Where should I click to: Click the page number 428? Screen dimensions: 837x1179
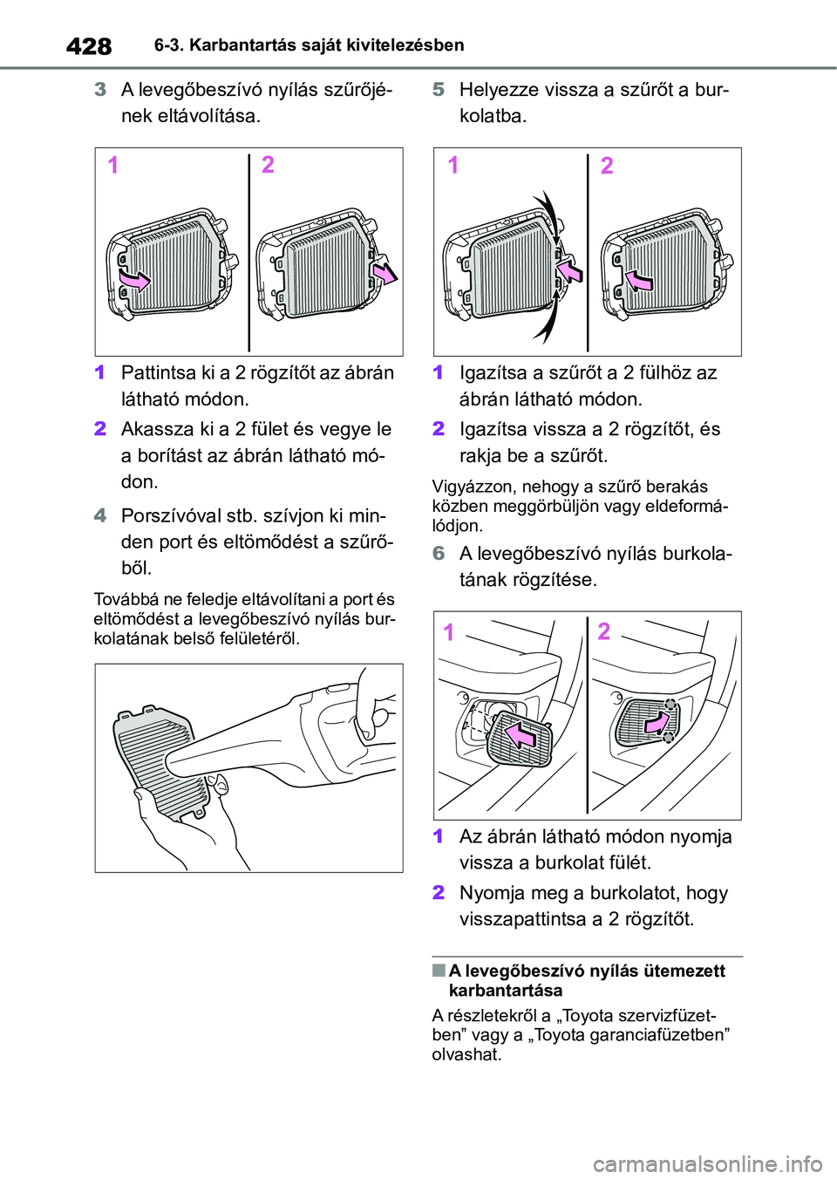point(90,47)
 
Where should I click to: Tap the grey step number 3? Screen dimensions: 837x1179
point(100,90)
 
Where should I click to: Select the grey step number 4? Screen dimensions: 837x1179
point(100,515)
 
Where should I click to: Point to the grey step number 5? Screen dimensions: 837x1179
point(439,90)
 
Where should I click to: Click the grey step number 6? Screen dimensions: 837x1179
point(439,553)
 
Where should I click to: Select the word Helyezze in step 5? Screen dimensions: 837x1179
point(499,91)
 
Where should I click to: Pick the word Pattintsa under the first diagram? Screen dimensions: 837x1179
point(156,372)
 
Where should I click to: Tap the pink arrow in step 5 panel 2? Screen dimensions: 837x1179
point(639,279)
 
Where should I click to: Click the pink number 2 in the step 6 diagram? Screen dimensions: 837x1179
point(604,631)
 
